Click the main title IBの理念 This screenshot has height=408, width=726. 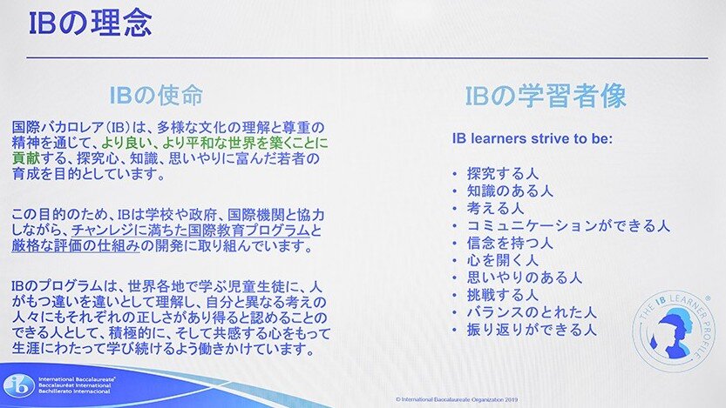pos(91,24)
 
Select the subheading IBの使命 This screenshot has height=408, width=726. pos(156,95)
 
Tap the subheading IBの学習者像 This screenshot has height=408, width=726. pos(546,96)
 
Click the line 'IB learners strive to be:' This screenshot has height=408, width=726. pos(533,138)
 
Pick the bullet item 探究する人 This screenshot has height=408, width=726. pos(503,174)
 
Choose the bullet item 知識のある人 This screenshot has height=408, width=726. pos(510,191)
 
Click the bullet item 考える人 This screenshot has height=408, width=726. pos(495,209)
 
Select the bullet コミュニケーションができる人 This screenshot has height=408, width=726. pos(568,225)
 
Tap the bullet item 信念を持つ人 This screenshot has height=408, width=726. pos(510,243)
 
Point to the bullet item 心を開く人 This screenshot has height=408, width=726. pos(503,260)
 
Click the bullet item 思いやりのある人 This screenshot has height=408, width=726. pos(524,278)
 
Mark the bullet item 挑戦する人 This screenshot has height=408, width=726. pos(503,295)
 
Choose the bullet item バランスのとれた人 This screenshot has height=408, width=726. pos(532,312)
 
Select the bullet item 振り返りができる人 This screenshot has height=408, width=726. pos(532,330)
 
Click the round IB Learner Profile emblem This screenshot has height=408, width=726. pos(673,331)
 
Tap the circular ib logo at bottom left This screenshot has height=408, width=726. pos(19,385)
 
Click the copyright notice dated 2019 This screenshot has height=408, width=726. pos(457,399)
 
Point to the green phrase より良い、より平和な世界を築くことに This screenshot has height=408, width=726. pos(214,143)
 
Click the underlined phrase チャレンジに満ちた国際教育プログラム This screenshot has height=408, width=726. pos(190,231)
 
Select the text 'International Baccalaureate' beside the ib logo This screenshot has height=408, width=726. pos(77,379)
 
